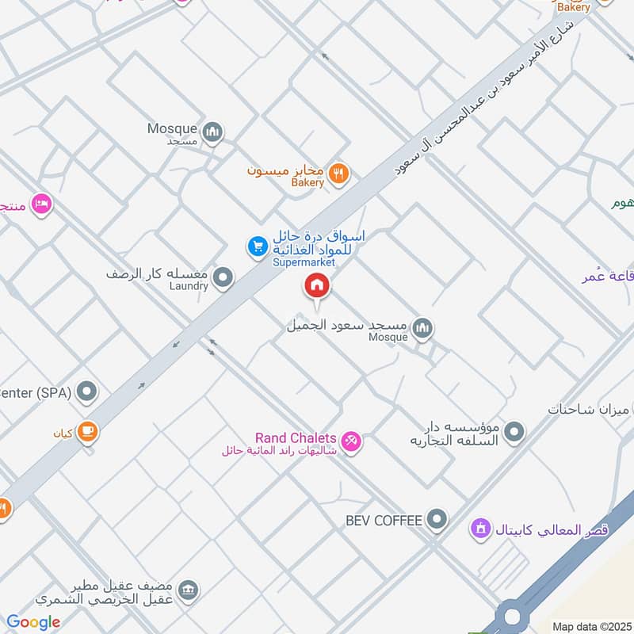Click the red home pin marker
coord(318,285)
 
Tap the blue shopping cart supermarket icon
coord(257,247)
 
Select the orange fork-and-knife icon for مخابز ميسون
coord(338,173)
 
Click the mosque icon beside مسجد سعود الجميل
coord(422,327)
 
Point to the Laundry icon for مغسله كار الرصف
coord(223,277)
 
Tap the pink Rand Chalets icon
coord(351,440)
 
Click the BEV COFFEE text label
coord(385,521)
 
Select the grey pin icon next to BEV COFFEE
coord(436,520)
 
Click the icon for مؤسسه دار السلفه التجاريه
coord(514,432)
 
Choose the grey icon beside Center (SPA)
coord(88,391)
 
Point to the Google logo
coord(33,622)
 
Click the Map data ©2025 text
coord(591,627)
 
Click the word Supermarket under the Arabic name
coord(304,262)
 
